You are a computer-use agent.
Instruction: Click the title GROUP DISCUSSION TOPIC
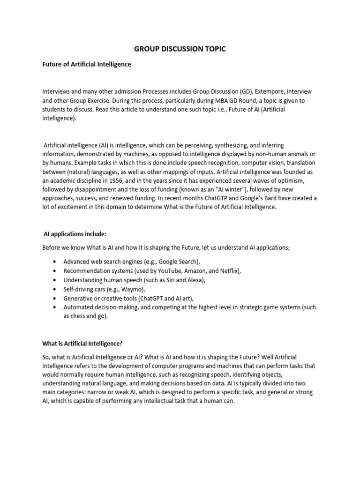tap(180, 49)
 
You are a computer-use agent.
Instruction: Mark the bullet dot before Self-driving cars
tap(56, 289)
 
